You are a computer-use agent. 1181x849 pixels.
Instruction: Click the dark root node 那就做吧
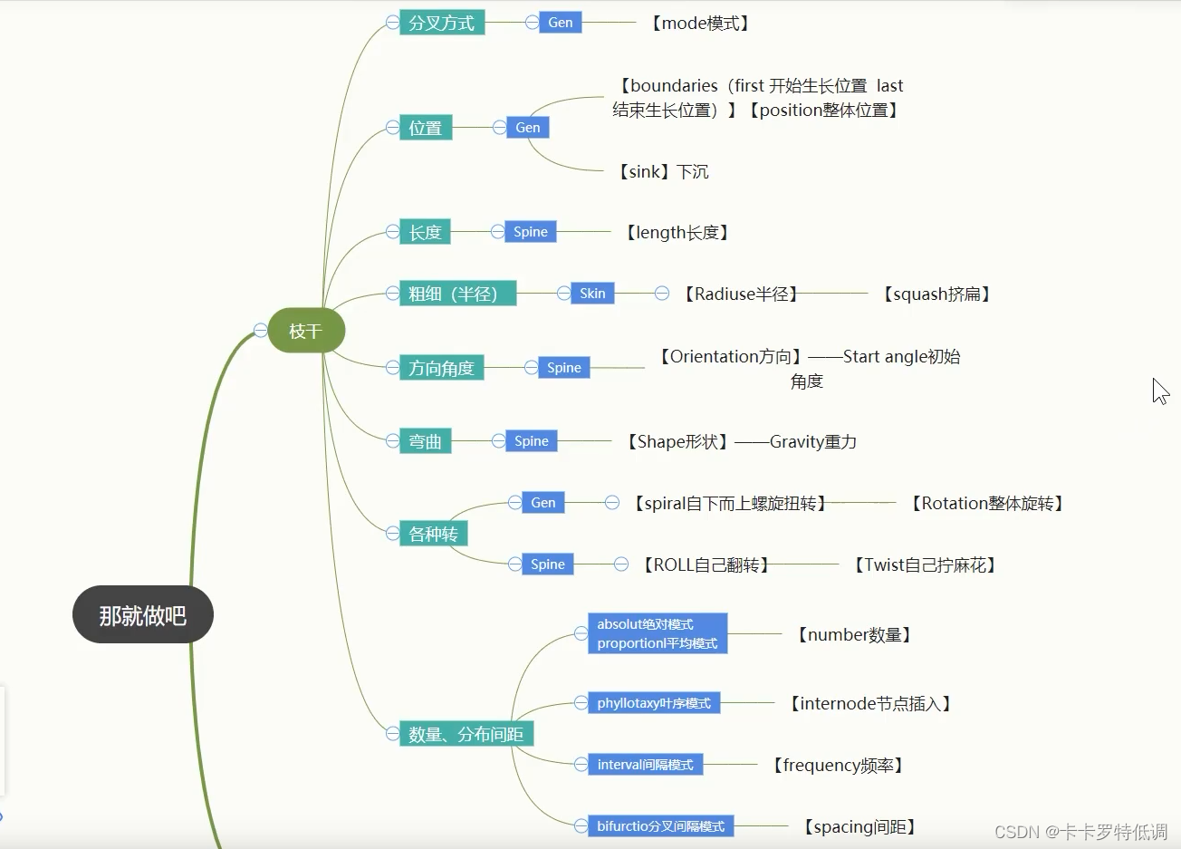[x=142, y=615]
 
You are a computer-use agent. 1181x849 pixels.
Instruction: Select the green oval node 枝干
[x=306, y=331]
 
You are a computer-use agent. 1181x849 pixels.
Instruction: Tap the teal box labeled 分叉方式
[x=442, y=23]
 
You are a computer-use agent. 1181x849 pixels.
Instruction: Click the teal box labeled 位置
[x=426, y=128]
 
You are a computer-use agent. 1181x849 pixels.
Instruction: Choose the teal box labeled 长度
[x=425, y=232]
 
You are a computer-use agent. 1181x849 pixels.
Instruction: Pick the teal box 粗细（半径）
[x=457, y=294]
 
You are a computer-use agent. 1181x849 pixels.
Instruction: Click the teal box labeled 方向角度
[x=441, y=368]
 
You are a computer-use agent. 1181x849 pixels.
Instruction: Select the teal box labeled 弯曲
[x=425, y=441]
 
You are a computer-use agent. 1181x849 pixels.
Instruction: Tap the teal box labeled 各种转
[x=433, y=534]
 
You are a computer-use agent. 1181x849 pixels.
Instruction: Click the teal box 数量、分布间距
[x=466, y=734]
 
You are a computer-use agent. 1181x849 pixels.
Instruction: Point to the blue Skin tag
[x=592, y=294]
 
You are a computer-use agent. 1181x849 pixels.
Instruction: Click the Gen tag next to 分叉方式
[x=561, y=23]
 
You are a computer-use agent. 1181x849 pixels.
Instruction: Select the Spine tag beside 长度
[x=531, y=232]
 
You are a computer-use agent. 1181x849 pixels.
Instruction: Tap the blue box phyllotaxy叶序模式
[x=654, y=703]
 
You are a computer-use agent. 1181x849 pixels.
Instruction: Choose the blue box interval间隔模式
[x=645, y=765]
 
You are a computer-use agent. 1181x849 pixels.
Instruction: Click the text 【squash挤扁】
[x=936, y=294]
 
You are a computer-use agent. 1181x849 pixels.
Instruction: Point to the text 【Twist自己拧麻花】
[x=925, y=564]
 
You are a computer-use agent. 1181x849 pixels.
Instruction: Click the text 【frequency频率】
[x=838, y=765]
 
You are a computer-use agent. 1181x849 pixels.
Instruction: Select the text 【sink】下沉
[x=663, y=171]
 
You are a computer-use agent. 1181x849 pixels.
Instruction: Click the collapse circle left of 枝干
[x=261, y=330]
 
